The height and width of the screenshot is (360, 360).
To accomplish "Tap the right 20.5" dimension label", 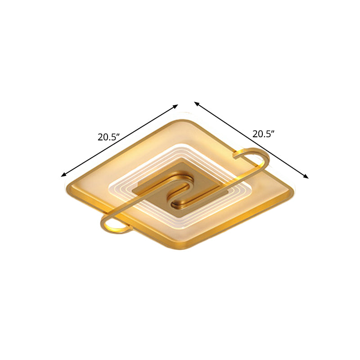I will point(263,134).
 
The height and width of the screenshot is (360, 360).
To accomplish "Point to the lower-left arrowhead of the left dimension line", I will point(63,175).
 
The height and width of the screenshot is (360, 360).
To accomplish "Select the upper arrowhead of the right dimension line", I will point(197,103).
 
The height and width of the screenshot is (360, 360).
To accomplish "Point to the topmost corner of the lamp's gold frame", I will point(182,120).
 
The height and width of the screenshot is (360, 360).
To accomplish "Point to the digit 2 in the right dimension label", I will point(255,134).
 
